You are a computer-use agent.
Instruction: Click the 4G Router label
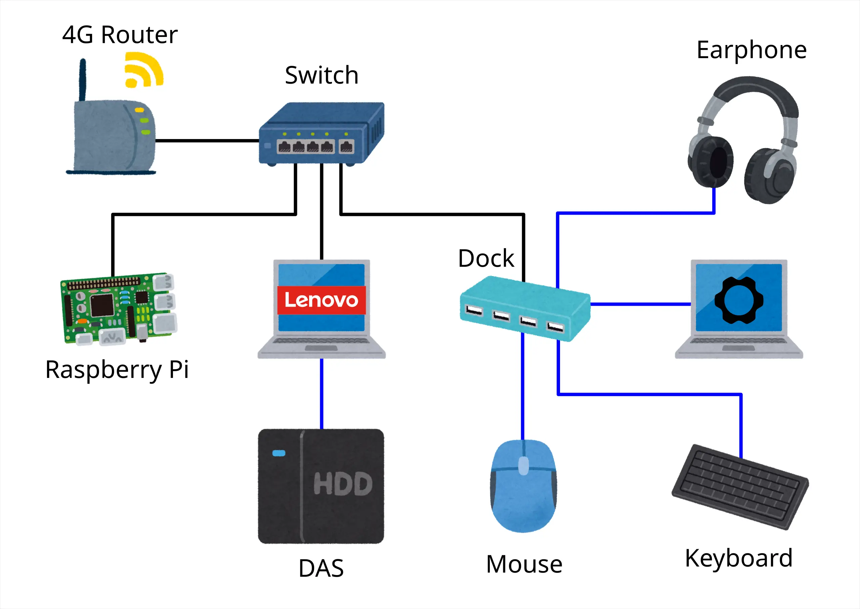tap(120, 35)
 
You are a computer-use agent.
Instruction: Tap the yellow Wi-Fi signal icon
tap(144, 70)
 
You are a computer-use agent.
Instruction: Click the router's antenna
tap(83, 80)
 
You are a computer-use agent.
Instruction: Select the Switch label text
tap(321, 75)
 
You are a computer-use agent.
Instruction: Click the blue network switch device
tap(321, 133)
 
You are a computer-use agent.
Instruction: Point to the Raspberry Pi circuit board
tap(119, 308)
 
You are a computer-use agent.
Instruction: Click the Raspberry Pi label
tap(117, 370)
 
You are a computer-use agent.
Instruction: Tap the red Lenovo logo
tap(321, 300)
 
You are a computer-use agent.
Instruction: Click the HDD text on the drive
tap(343, 483)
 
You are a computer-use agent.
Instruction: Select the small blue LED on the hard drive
tap(279, 453)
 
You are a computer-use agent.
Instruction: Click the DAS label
tap(321, 568)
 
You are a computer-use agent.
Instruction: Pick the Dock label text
tap(486, 258)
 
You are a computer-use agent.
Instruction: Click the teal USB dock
tap(525, 309)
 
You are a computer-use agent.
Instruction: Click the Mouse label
tap(524, 564)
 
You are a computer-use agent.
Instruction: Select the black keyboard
tap(740, 487)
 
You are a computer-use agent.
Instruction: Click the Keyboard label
tap(738, 558)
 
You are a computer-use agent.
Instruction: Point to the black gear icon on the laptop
tap(739, 300)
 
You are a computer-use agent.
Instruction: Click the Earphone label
tap(751, 51)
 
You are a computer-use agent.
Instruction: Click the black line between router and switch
tap(207, 141)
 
